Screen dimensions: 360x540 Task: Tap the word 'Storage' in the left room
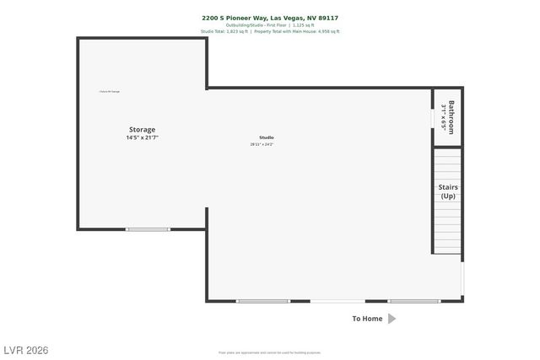(x=142, y=130)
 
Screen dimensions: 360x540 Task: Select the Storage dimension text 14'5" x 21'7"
(x=142, y=137)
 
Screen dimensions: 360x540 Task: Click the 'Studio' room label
(x=266, y=137)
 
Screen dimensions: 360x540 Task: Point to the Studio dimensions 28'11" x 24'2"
(x=262, y=144)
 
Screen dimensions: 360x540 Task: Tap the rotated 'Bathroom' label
(x=451, y=118)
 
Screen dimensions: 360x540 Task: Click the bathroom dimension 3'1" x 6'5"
(x=443, y=118)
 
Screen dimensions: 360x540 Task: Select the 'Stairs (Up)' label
(x=448, y=191)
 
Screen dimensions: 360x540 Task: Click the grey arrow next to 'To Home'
(x=391, y=319)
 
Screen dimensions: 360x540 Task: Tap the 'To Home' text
(x=367, y=319)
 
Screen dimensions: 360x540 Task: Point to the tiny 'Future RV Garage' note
(x=109, y=91)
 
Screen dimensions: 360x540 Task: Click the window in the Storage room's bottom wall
(x=148, y=229)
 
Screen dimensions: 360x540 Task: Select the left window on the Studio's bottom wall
(x=262, y=301)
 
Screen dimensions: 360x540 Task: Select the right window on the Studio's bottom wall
(x=413, y=301)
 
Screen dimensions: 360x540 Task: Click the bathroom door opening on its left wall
(x=434, y=119)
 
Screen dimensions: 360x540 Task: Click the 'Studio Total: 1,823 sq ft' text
(x=224, y=31)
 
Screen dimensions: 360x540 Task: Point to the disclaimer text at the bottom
(x=269, y=352)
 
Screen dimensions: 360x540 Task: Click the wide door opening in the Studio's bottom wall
(x=337, y=301)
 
